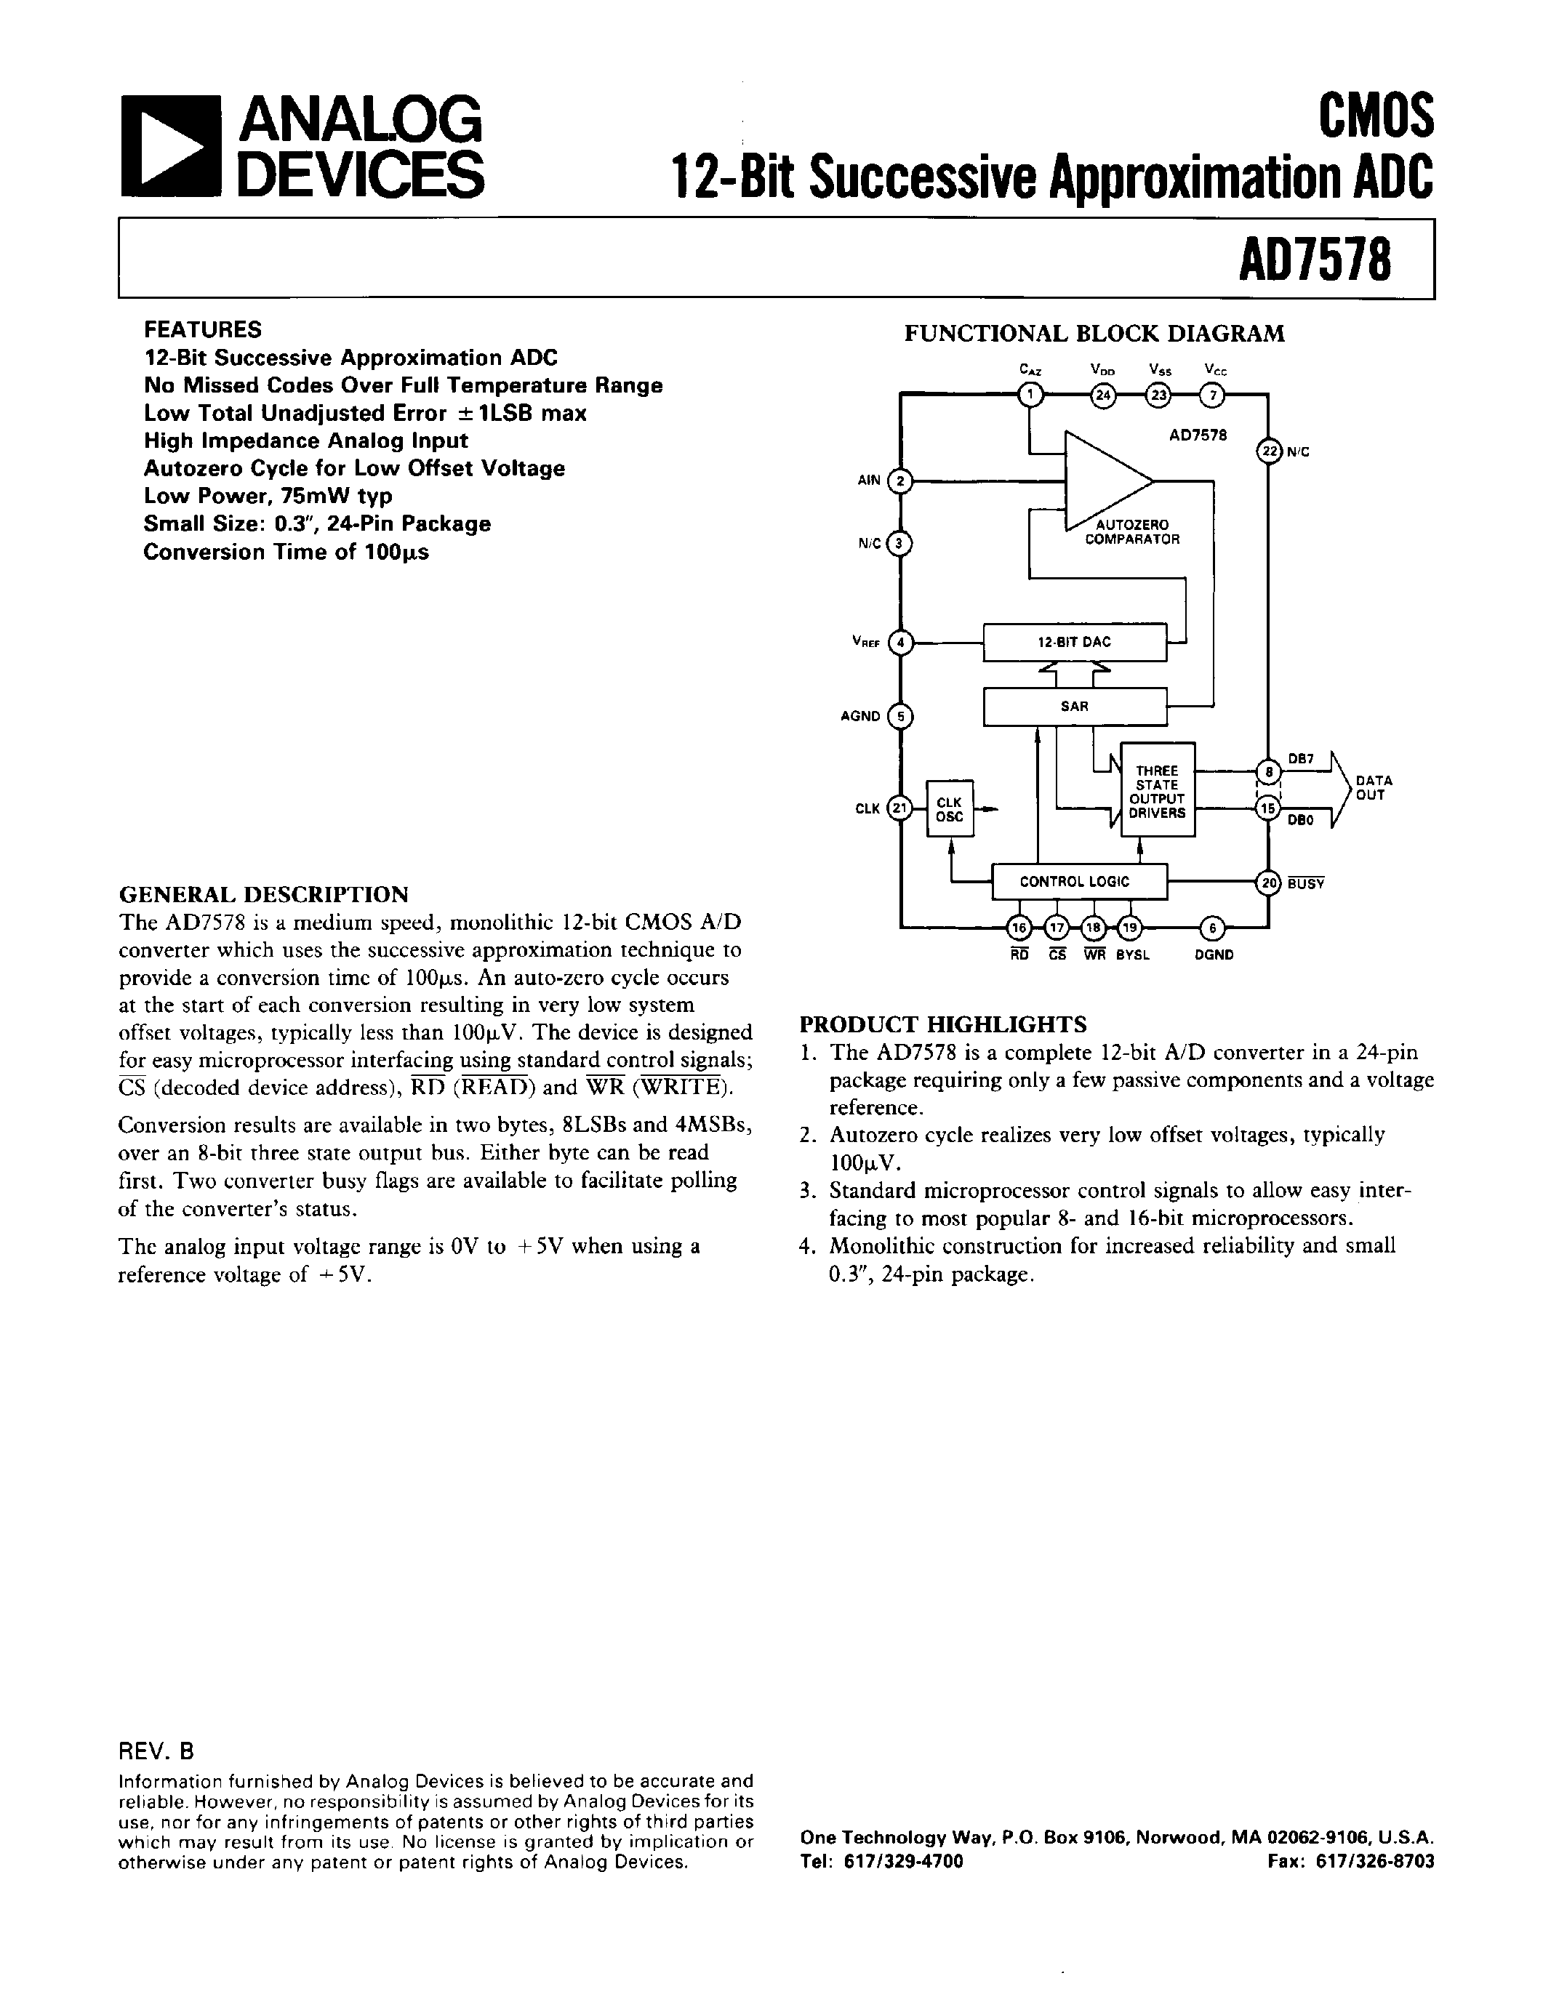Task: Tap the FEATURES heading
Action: (x=202, y=329)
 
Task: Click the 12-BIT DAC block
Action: (x=1075, y=642)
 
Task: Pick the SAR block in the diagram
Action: (x=1075, y=707)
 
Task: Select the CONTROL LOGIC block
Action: (x=1079, y=882)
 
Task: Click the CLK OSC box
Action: (x=950, y=808)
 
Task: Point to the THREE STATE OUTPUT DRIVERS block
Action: (x=1157, y=791)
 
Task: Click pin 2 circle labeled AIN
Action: (x=900, y=481)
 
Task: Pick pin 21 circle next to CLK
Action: (x=900, y=808)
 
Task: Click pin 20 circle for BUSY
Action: (x=1267, y=883)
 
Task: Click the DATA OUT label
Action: (x=1373, y=787)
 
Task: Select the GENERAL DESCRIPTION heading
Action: (x=263, y=893)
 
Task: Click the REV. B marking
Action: (x=156, y=1751)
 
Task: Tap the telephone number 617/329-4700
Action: (x=901, y=1862)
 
